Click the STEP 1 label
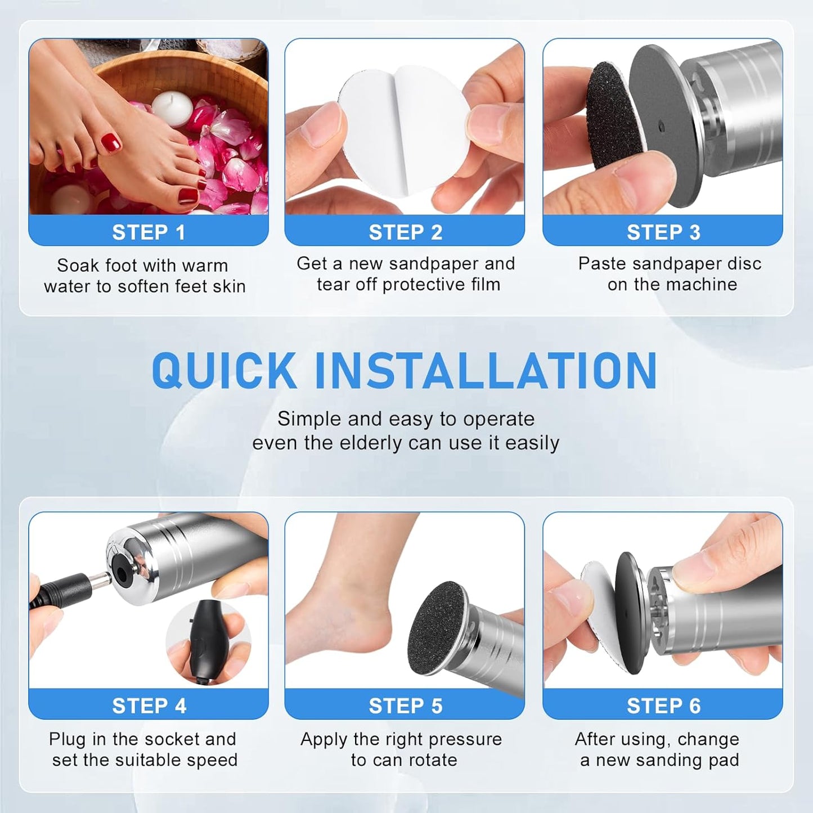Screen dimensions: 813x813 point(149,232)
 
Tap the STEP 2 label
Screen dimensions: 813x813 point(405,232)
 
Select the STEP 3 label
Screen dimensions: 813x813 point(663,232)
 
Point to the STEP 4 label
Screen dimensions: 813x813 point(149,706)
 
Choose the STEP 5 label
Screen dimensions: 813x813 point(405,706)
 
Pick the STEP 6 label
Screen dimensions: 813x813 point(663,706)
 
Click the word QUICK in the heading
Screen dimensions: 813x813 point(224,370)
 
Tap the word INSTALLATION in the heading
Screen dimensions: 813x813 point(485,370)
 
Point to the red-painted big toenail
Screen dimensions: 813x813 point(111,143)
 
